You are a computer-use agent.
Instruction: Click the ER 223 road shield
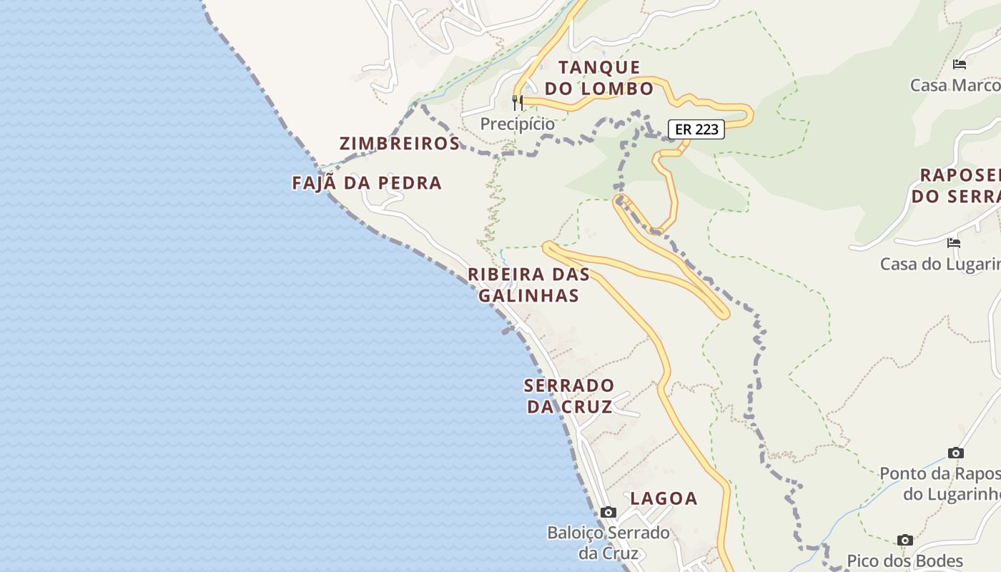point(696,129)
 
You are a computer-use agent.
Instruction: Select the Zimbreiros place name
point(400,143)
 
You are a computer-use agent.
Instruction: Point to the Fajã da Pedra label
point(367,183)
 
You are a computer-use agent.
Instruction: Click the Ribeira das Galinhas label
point(528,285)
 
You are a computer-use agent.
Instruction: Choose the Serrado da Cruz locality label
point(569,396)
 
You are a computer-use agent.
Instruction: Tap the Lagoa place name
point(664,498)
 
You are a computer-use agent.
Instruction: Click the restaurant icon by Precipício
point(518,102)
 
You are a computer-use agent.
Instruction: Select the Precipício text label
point(517,124)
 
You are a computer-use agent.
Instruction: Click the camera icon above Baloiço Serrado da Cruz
point(608,512)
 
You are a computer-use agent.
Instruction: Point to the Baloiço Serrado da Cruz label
point(608,543)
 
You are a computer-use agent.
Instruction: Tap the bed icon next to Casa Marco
point(960,64)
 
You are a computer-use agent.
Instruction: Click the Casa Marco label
point(955,85)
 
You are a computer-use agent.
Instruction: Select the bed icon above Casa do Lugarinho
point(953,243)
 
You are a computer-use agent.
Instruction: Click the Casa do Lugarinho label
point(940,264)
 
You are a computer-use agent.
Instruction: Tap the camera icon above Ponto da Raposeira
point(955,453)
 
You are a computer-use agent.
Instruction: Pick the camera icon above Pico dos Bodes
point(905,540)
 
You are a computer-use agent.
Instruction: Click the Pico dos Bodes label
point(905,561)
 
